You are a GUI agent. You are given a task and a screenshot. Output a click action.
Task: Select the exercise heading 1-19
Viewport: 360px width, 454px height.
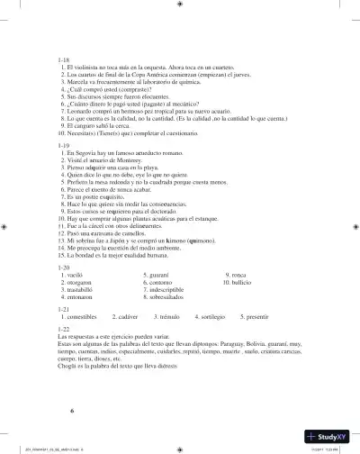[x=63, y=144]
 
